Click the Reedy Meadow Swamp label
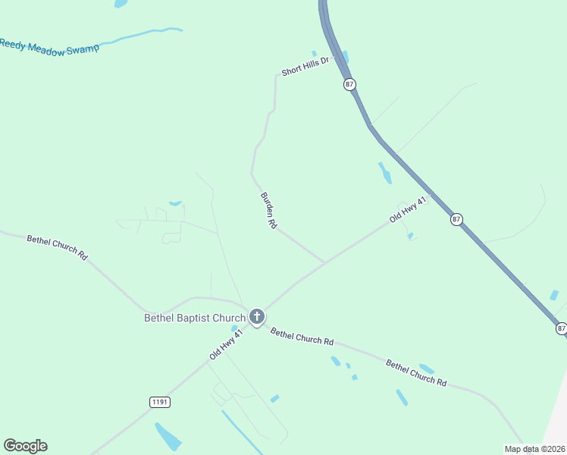click(x=49, y=46)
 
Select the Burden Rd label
click(x=269, y=211)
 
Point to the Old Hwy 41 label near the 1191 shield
click(x=227, y=344)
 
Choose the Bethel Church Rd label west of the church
click(x=58, y=248)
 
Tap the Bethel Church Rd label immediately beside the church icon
click(x=302, y=337)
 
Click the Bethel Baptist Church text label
click(x=195, y=318)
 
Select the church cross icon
click(x=257, y=316)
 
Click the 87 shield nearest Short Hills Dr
click(x=349, y=84)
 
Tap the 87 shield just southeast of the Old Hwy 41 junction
click(x=456, y=219)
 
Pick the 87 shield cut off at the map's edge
click(x=561, y=328)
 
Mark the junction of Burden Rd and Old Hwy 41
click(x=325, y=263)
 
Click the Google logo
click(x=25, y=446)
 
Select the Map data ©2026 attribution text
click(x=533, y=449)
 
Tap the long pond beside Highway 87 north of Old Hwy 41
click(x=385, y=173)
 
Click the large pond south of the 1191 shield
click(x=168, y=437)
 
